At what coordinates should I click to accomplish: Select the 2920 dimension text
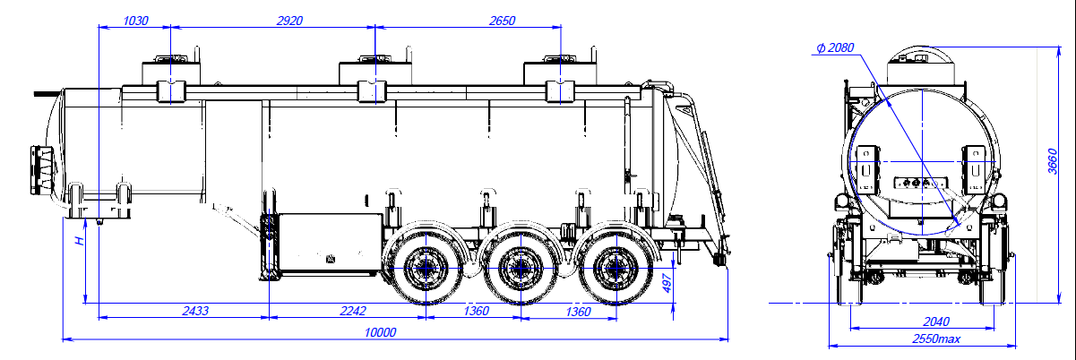tap(281, 20)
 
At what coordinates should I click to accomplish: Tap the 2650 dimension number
tap(503, 20)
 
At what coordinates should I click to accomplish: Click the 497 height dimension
tap(666, 285)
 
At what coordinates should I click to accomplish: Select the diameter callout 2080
tap(834, 48)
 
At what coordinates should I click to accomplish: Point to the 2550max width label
tap(935, 339)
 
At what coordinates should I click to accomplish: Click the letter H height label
tap(80, 241)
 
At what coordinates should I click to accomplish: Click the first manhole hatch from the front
tap(169, 72)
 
